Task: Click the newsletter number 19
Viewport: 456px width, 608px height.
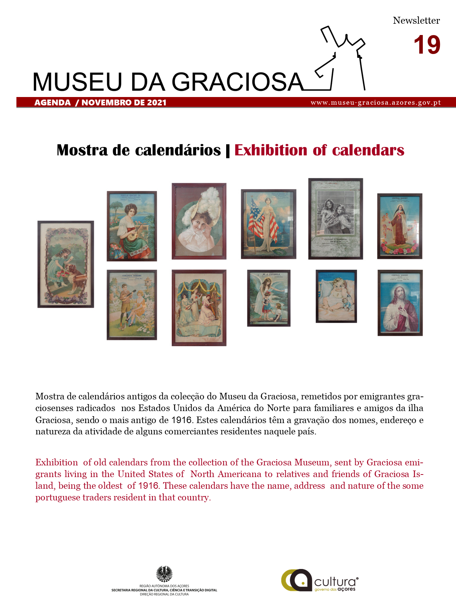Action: pyautogui.click(x=427, y=45)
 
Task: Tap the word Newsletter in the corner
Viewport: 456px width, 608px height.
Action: pyautogui.click(x=416, y=20)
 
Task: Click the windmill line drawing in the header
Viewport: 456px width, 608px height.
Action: pyautogui.click(x=341, y=58)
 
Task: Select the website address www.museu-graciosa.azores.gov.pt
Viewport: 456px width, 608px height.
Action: pyautogui.click(x=376, y=102)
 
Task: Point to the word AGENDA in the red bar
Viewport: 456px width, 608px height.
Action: pyautogui.click(x=53, y=102)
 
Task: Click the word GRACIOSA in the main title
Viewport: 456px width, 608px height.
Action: pyautogui.click(x=237, y=82)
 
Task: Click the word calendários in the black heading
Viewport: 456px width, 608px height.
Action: pyautogui.click(x=178, y=150)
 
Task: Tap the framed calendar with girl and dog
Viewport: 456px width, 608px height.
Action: pyautogui.click(x=66, y=264)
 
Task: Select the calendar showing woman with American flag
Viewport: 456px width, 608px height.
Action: pyautogui.click(x=268, y=224)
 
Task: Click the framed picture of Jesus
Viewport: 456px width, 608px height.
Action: pyautogui.click(x=400, y=303)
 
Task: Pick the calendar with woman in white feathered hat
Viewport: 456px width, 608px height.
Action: pyautogui.click(x=199, y=221)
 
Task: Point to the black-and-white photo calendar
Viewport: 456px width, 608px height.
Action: pyautogui.click(x=336, y=219)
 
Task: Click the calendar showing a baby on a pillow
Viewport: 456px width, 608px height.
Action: pyautogui.click(x=336, y=296)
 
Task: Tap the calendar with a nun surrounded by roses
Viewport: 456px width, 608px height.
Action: pyautogui.click(x=400, y=226)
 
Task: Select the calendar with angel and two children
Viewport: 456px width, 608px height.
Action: pyautogui.click(x=269, y=298)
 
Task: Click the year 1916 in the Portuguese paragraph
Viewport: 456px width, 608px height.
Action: pyautogui.click(x=181, y=420)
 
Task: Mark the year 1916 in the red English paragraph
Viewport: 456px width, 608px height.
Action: pyautogui.click(x=148, y=486)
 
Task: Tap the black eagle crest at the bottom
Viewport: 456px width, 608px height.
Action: pyautogui.click(x=165, y=574)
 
